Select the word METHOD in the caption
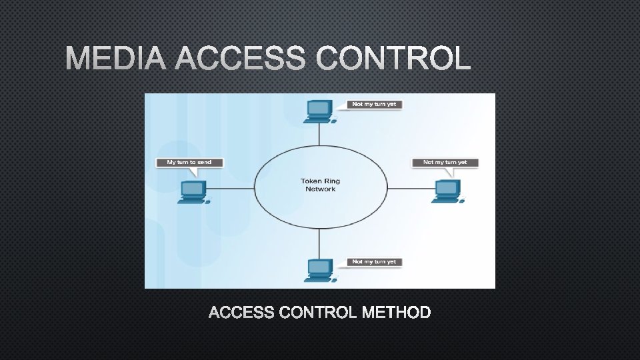point(396,312)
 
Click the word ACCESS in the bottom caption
point(243,312)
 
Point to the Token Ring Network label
point(321,185)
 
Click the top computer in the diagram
point(318,111)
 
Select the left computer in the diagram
point(193,192)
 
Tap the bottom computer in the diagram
point(318,269)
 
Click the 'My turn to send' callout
point(189,162)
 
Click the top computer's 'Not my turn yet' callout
point(373,104)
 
